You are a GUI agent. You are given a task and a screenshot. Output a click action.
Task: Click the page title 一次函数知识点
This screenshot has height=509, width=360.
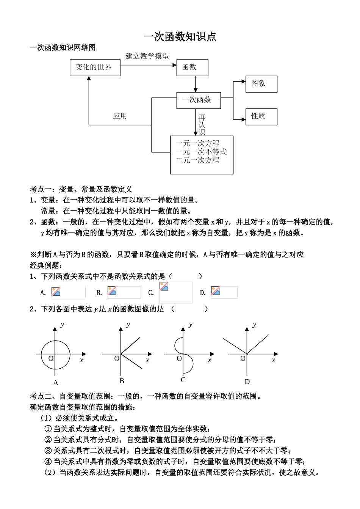click(x=180, y=36)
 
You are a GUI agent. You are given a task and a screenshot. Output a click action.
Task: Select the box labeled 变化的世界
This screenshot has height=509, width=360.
click(x=95, y=68)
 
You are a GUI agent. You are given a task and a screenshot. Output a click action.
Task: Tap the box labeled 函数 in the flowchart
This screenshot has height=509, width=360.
click(x=192, y=68)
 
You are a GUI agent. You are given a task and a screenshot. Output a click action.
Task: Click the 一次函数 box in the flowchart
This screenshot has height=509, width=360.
click(x=199, y=100)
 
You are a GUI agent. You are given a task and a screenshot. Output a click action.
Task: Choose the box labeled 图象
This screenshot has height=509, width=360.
click(x=261, y=84)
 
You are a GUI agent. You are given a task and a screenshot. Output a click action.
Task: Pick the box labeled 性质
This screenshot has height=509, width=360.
click(x=261, y=116)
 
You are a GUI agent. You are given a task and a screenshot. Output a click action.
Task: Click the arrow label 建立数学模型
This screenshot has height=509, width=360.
click(x=147, y=56)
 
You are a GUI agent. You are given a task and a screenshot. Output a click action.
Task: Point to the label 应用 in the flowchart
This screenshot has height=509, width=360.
click(x=120, y=116)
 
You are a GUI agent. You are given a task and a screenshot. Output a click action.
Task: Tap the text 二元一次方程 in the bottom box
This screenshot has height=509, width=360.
click(x=197, y=160)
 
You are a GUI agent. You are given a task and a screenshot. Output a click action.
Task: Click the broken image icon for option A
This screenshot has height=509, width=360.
click(x=56, y=291)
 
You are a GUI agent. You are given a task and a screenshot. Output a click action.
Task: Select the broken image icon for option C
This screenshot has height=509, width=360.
click(x=164, y=286)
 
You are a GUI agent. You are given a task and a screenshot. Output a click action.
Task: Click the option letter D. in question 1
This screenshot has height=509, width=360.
click(x=203, y=293)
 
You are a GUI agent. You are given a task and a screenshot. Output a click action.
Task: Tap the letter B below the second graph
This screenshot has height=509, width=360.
click(x=122, y=381)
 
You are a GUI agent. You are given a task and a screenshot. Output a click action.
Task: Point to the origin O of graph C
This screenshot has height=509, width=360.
click(x=179, y=358)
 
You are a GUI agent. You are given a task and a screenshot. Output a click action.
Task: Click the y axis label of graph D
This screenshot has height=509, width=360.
click(x=254, y=325)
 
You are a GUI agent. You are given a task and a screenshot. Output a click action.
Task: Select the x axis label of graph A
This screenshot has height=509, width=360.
click(x=81, y=360)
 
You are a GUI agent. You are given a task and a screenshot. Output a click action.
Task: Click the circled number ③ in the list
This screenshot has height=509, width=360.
click(x=48, y=451)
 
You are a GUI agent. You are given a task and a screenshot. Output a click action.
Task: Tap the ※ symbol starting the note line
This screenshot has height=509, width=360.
click(x=33, y=254)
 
